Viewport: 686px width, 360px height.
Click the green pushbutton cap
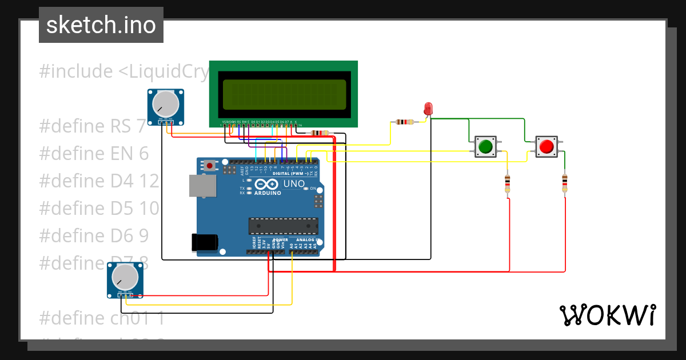click(485, 147)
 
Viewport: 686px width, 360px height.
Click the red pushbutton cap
click(546, 147)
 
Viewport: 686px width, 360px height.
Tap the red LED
click(428, 109)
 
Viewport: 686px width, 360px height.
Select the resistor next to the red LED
click(404, 122)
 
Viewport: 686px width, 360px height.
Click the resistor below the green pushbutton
click(508, 184)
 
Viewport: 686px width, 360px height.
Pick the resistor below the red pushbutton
click(565, 183)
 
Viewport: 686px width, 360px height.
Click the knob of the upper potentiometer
click(165, 103)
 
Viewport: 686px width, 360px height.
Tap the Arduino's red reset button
click(210, 166)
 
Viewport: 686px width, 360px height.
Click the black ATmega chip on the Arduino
click(283, 226)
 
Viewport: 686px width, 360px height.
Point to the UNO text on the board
click(294, 184)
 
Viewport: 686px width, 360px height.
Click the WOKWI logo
click(607, 315)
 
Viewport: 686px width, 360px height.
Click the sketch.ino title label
click(101, 25)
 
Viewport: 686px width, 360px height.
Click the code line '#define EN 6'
click(94, 154)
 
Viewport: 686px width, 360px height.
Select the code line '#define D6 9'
click(94, 235)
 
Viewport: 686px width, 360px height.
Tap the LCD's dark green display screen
click(284, 94)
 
